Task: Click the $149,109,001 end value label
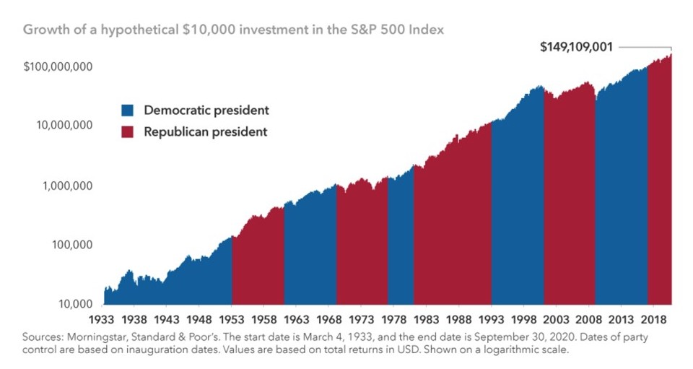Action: pos(577,48)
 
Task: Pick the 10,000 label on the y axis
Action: pos(73,304)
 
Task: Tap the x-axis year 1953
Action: pos(232,318)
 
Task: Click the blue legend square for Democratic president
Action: pos(128,110)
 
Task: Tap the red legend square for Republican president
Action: pos(128,132)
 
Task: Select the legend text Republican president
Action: pos(206,132)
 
